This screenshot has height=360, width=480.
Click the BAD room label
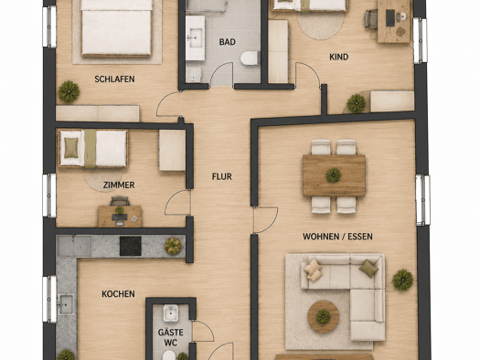coord(227,42)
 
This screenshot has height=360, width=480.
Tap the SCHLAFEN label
coord(114,79)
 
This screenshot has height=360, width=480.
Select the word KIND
coord(339,57)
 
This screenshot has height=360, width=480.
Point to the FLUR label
coord(222,176)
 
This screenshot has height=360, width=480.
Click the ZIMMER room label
coord(119,185)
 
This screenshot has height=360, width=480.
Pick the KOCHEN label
coord(118,294)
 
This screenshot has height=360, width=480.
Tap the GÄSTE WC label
coord(171,337)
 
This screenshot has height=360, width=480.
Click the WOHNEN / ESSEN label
coord(337,237)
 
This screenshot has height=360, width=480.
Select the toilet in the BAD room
coord(250,58)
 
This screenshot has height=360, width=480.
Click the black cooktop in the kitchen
coord(131,246)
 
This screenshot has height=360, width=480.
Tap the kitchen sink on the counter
coord(66,304)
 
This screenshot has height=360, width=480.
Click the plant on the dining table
coord(334,175)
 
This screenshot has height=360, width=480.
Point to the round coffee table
coord(324,316)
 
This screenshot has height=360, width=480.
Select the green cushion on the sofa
coord(368,269)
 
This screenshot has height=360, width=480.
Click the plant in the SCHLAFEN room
coord(69,91)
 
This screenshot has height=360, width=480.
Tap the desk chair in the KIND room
coord(371,19)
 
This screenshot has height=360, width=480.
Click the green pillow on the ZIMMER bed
coord(71,148)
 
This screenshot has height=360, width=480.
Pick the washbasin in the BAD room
coord(195,38)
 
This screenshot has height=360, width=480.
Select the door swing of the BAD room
coord(221,74)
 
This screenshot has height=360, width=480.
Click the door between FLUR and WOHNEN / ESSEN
coord(265,220)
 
